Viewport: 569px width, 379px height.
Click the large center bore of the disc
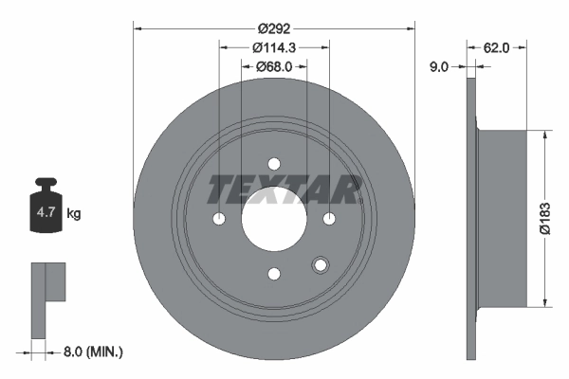tap(274, 219)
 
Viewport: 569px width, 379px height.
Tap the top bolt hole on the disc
tap(274, 163)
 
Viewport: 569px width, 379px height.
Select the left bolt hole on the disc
tap(219, 219)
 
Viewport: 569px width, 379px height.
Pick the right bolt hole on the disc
tap(330, 219)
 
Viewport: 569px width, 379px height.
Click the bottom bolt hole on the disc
tap(274, 275)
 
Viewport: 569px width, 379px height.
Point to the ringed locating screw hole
tap(320, 266)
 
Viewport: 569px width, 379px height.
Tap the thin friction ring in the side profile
tap(471, 218)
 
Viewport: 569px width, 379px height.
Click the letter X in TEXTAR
tap(274, 189)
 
